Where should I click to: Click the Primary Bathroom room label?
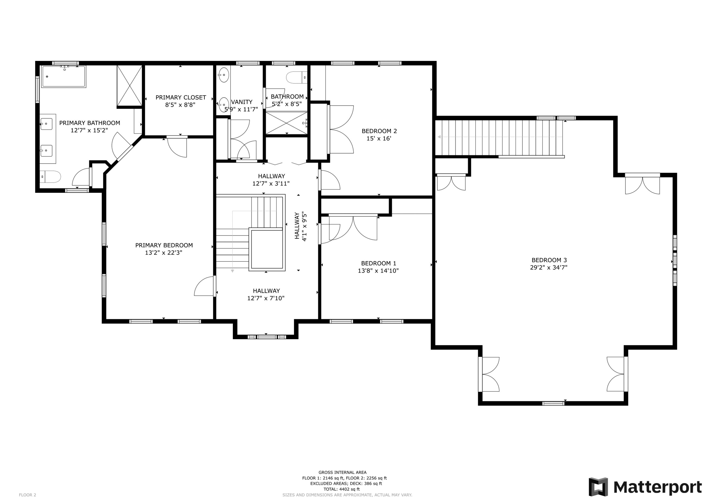point(90,123)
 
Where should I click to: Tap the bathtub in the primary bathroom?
point(64,77)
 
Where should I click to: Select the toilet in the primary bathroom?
point(51,177)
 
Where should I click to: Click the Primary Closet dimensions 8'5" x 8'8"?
point(180,105)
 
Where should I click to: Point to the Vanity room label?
point(242,102)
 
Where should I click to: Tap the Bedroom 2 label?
point(379,131)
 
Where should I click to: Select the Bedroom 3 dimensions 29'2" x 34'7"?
point(548,268)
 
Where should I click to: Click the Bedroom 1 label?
point(379,263)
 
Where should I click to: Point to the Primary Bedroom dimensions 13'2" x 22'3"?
point(164,253)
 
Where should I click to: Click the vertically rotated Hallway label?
point(297,226)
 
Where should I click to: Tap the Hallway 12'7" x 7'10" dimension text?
point(266,298)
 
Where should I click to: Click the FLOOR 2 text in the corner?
point(28,495)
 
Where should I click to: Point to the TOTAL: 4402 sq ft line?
point(342,489)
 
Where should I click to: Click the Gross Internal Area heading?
point(342,473)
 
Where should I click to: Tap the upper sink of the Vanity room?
point(224,75)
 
